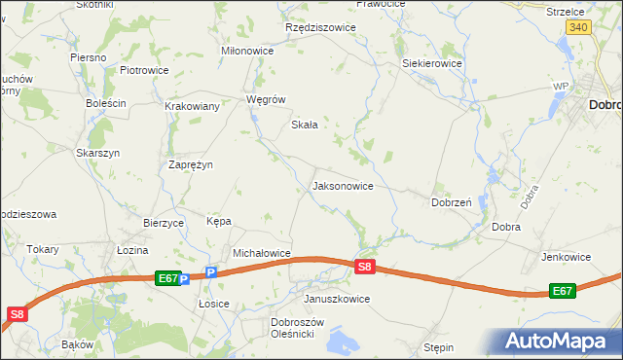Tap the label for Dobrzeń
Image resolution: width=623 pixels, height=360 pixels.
[x=452, y=202]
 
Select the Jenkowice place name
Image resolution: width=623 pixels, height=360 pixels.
[x=567, y=257]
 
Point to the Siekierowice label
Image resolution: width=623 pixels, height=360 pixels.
[x=432, y=63]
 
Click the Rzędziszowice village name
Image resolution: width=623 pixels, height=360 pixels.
[x=320, y=27]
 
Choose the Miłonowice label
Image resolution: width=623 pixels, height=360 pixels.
[x=248, y=51]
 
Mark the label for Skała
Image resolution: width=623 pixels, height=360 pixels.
[x=306, y=125]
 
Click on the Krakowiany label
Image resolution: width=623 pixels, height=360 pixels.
[x=192, y=106]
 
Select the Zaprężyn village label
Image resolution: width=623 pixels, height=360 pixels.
[x=191, y=164]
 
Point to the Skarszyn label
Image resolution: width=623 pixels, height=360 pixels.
[x=97, y=153]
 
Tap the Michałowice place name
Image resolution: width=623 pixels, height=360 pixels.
[x=262, y=253]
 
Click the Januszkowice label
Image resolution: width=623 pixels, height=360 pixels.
[x=337, y=299]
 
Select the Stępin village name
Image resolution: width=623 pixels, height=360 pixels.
[x=439, y=346]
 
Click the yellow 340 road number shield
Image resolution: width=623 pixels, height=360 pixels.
[x=578, y=27]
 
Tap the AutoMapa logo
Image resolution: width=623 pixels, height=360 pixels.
[x=558, y=342]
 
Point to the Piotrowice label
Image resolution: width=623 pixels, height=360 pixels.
[x=144, y=70]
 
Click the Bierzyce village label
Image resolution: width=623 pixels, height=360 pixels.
[x=164, y=222]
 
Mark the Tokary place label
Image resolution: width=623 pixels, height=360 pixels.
[x=43, y=249]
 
